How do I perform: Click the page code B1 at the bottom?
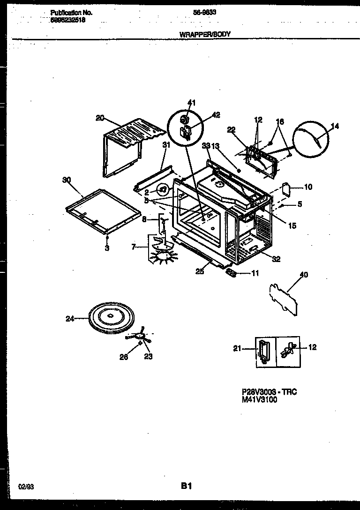[187, 487]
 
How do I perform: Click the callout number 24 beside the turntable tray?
[70, 319]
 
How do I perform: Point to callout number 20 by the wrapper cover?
[99, 118]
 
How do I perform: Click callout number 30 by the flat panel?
[66, 179]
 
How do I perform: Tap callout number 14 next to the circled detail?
[335, 126]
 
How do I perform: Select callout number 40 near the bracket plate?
[304, 275]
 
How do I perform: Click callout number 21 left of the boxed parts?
[237, 348]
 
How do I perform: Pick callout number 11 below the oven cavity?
[255, 273]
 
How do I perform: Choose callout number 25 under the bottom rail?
[200, 271]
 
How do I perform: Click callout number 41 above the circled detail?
[191, 103]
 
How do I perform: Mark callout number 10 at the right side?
[308, 187]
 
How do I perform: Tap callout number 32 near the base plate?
[276, 259]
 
